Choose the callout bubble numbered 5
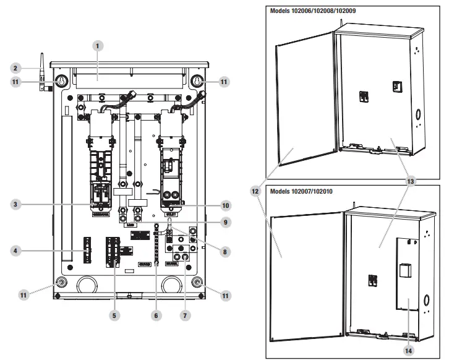pos(114,315)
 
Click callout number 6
pos(156,315)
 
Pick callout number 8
pos(225,251)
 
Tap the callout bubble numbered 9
pos(225,221)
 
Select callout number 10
pos(225,205)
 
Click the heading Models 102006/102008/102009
pos(312,11)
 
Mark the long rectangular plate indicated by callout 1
pos(129,77)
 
